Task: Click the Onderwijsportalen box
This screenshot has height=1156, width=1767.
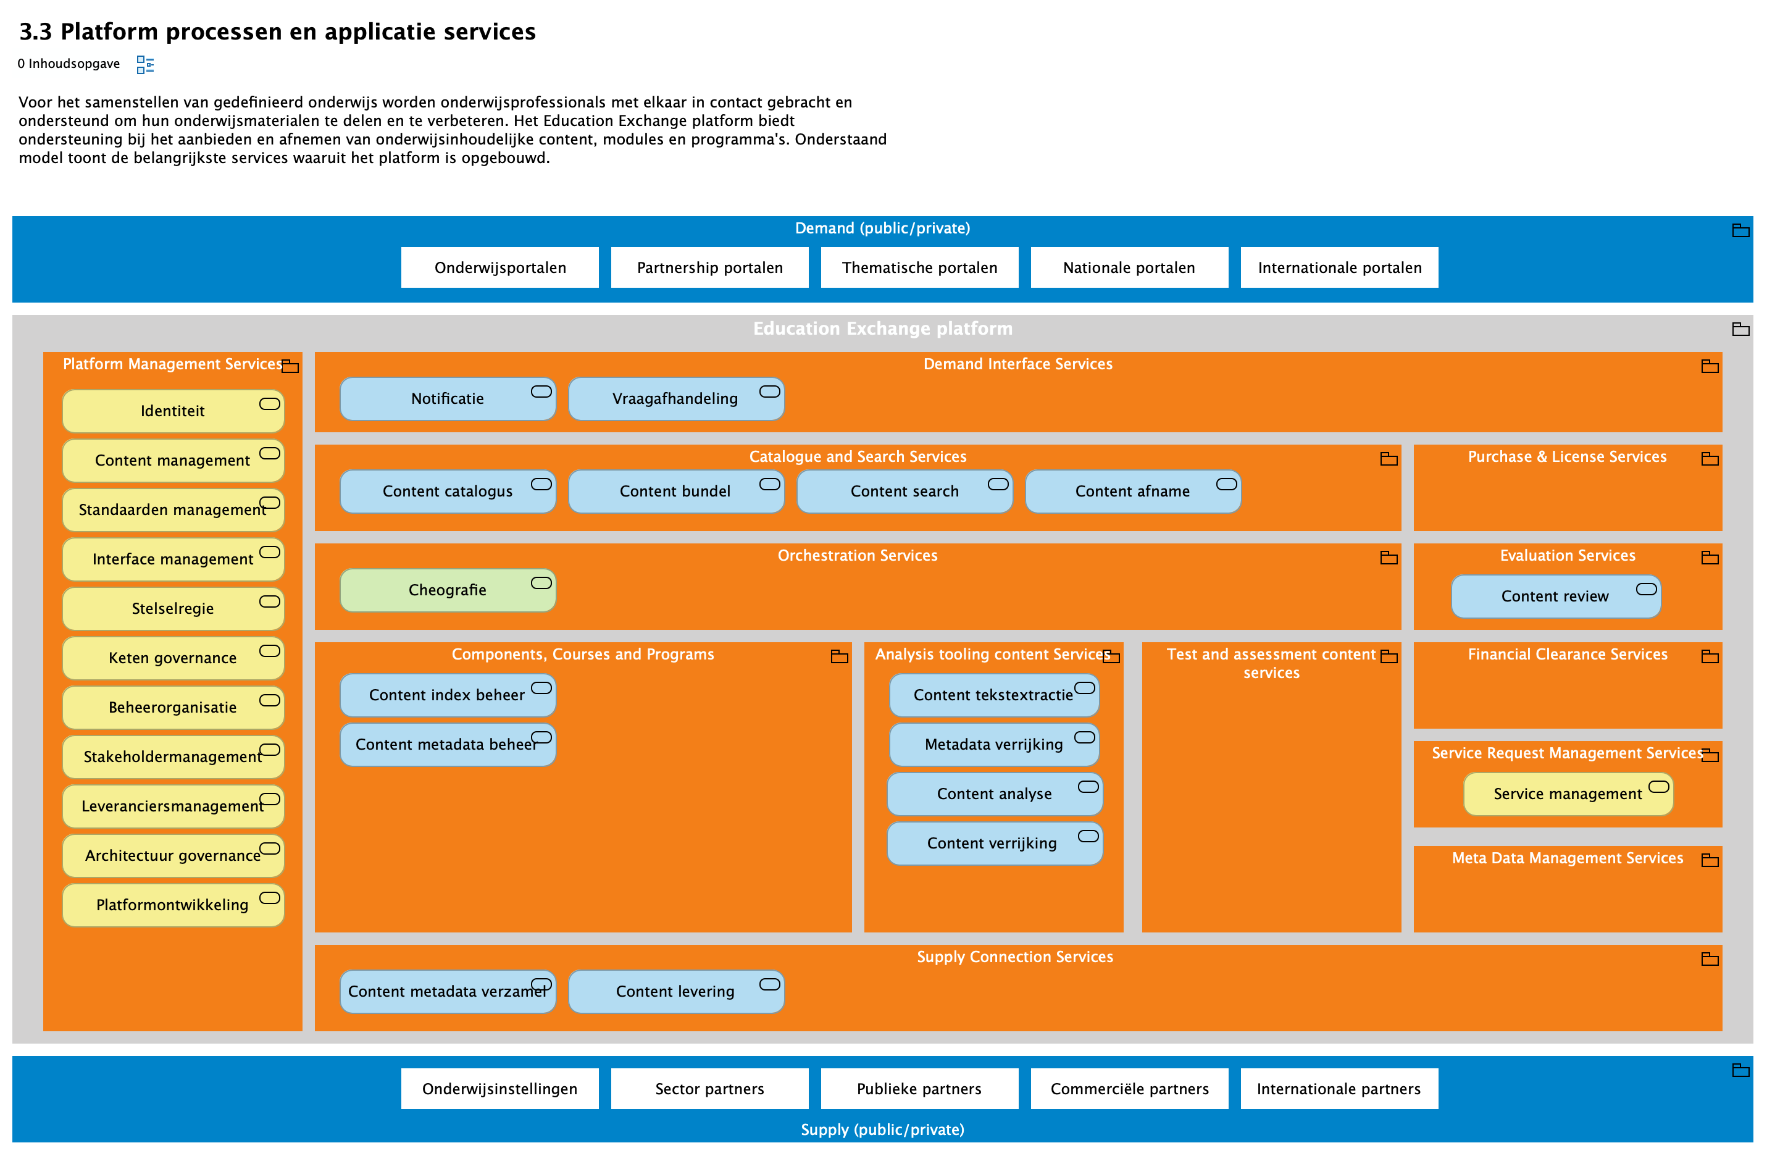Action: coord(499,267)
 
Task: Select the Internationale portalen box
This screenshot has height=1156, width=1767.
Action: coord(1339,267)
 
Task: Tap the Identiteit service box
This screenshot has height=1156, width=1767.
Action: coord(172,411)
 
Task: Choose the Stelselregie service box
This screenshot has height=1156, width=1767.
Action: coord(172,608)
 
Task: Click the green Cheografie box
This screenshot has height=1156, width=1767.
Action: coord(447,590)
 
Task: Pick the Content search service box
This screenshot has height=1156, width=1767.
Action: coord(903,491)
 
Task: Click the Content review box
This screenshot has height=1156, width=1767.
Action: coord(1555,596)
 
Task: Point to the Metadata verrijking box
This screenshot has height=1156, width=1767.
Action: coord(993,744)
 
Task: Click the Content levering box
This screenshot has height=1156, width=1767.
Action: coord(675,991)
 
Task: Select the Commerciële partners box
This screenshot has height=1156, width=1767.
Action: coord(1129,1089)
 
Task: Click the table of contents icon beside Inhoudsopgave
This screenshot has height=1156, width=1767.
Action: coord(144,65)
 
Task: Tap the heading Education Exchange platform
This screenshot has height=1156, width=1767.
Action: coord(882,328)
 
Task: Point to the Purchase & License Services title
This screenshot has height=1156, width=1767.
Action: coord(1566,456)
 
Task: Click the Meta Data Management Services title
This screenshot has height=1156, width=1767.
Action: coord(1566,858)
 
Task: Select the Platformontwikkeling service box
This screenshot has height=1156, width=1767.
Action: coord(172,904)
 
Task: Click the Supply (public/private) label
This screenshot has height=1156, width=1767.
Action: coord(882,1129)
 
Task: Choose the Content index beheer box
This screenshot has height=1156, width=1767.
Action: coord(447,695)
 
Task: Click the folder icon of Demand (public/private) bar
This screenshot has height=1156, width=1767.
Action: coord(1740,230)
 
